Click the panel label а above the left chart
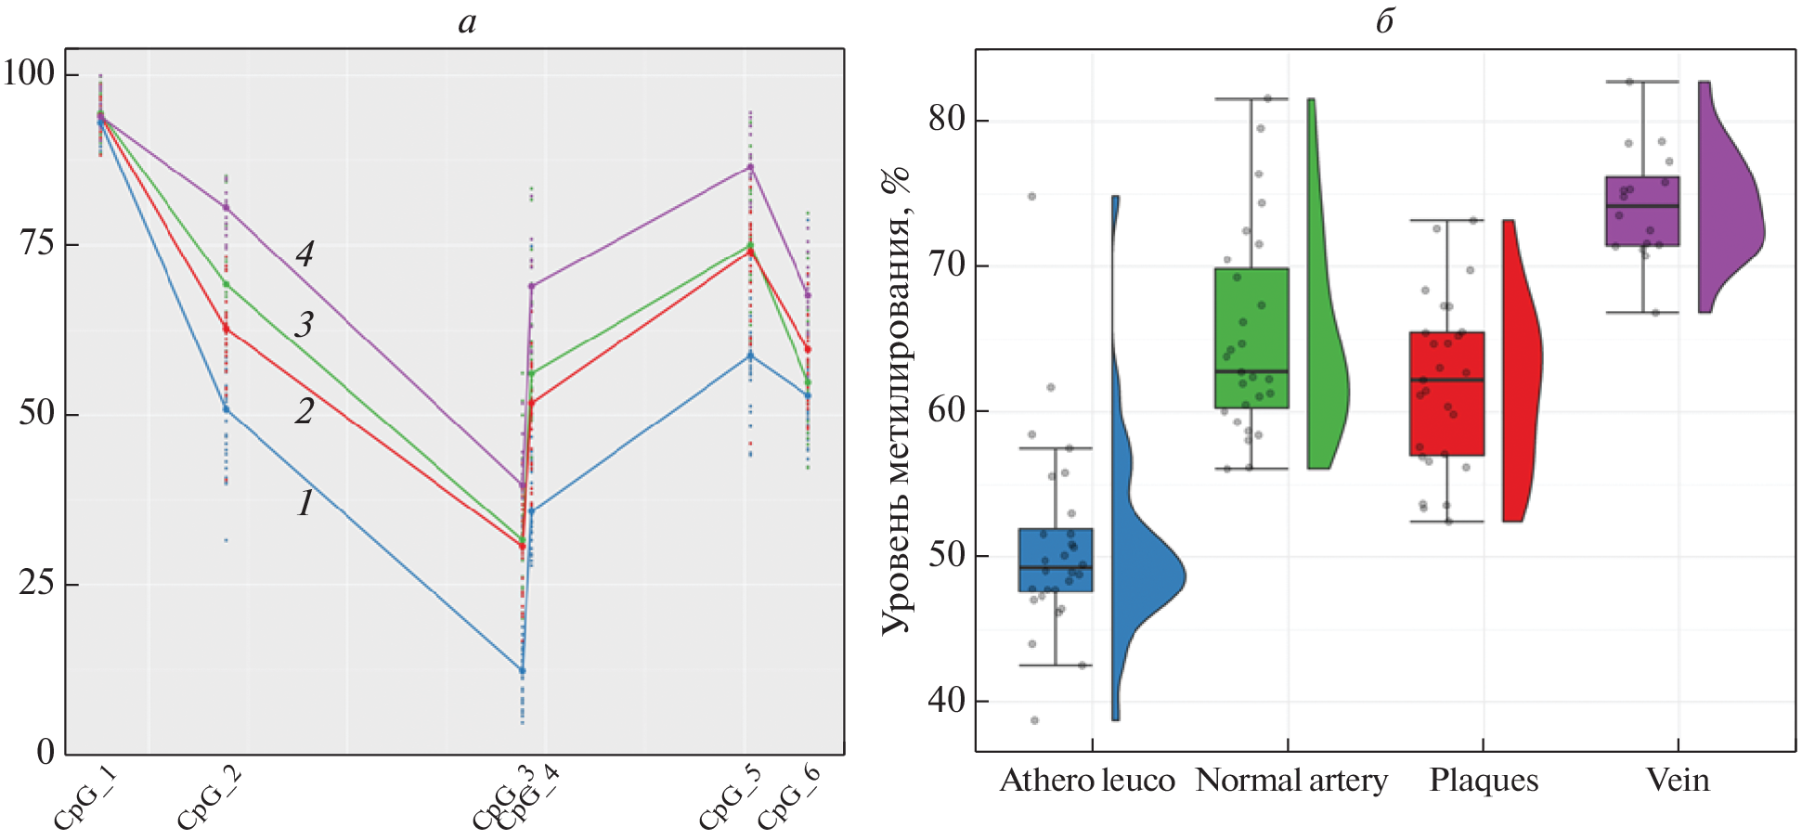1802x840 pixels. click(467, 21)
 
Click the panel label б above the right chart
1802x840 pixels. click(1384, 21)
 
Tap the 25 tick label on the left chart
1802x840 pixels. click(36, 583)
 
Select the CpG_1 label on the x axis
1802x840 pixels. click(84, 798)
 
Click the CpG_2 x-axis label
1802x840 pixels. click(209, 798)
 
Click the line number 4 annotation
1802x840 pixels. click(305, 253)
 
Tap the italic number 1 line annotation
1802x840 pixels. click(305, 503)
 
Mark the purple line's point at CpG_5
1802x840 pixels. click(750, 167)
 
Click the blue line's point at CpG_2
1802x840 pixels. click(226, 409)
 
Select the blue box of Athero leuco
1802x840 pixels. click(1056, 560)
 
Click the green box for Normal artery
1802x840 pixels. click(1251, 338)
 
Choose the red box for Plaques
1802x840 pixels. click(1446, 394)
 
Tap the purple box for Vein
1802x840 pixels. click(1642, 211)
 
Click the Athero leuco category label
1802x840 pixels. click(1087, 781)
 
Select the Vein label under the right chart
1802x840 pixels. click(1678, 781)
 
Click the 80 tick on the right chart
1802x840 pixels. click(946, 120)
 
